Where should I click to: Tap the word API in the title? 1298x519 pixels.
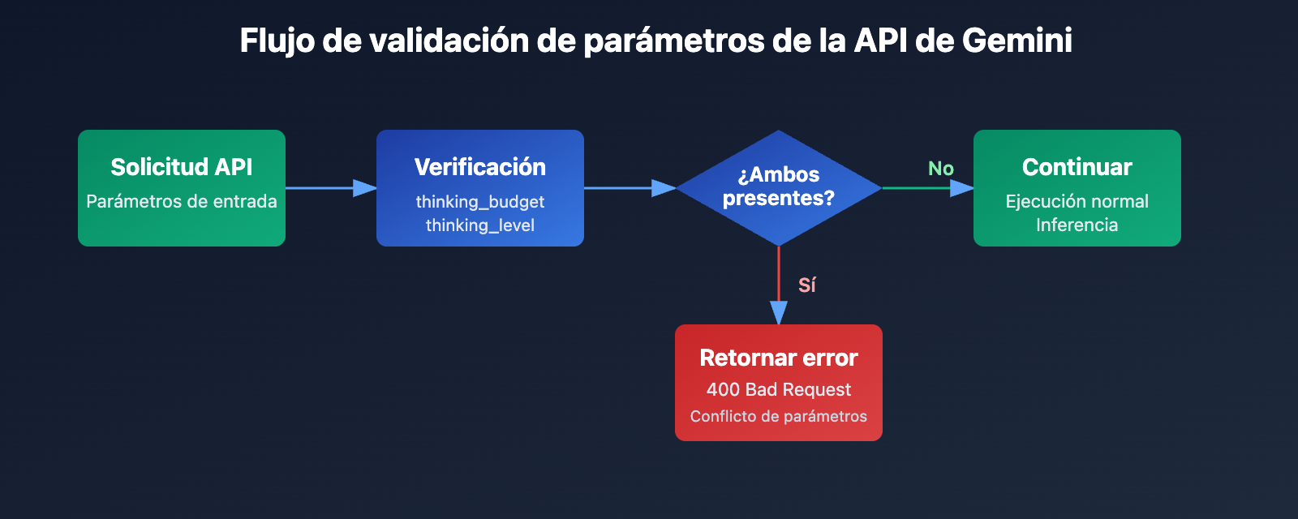[880, 41]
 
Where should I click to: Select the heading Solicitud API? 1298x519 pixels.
[182, 167]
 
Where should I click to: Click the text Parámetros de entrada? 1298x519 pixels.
[182, 201]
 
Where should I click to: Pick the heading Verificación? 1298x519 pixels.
[480, 167]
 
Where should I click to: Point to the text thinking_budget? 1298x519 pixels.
[480, 202]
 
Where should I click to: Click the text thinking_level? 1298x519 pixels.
[480, 225]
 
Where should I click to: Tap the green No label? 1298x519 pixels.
[941, 169]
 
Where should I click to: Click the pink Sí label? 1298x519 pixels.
[806, 285]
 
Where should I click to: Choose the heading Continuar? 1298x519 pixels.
[1077, 167]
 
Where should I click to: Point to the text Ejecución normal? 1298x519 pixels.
[1077, 201]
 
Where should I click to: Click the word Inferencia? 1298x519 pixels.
[1077, 225]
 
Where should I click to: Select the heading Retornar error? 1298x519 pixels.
[779, 358]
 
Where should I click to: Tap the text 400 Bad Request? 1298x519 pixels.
[779, 389]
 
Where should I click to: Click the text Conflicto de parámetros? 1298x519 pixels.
[779, 416]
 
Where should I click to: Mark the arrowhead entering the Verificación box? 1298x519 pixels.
[365, 188]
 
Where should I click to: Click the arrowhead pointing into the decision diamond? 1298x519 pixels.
[664, 188]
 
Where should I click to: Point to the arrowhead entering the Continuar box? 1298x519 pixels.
[962, 188]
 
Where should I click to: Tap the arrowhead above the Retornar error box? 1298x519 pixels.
[779, 313]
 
